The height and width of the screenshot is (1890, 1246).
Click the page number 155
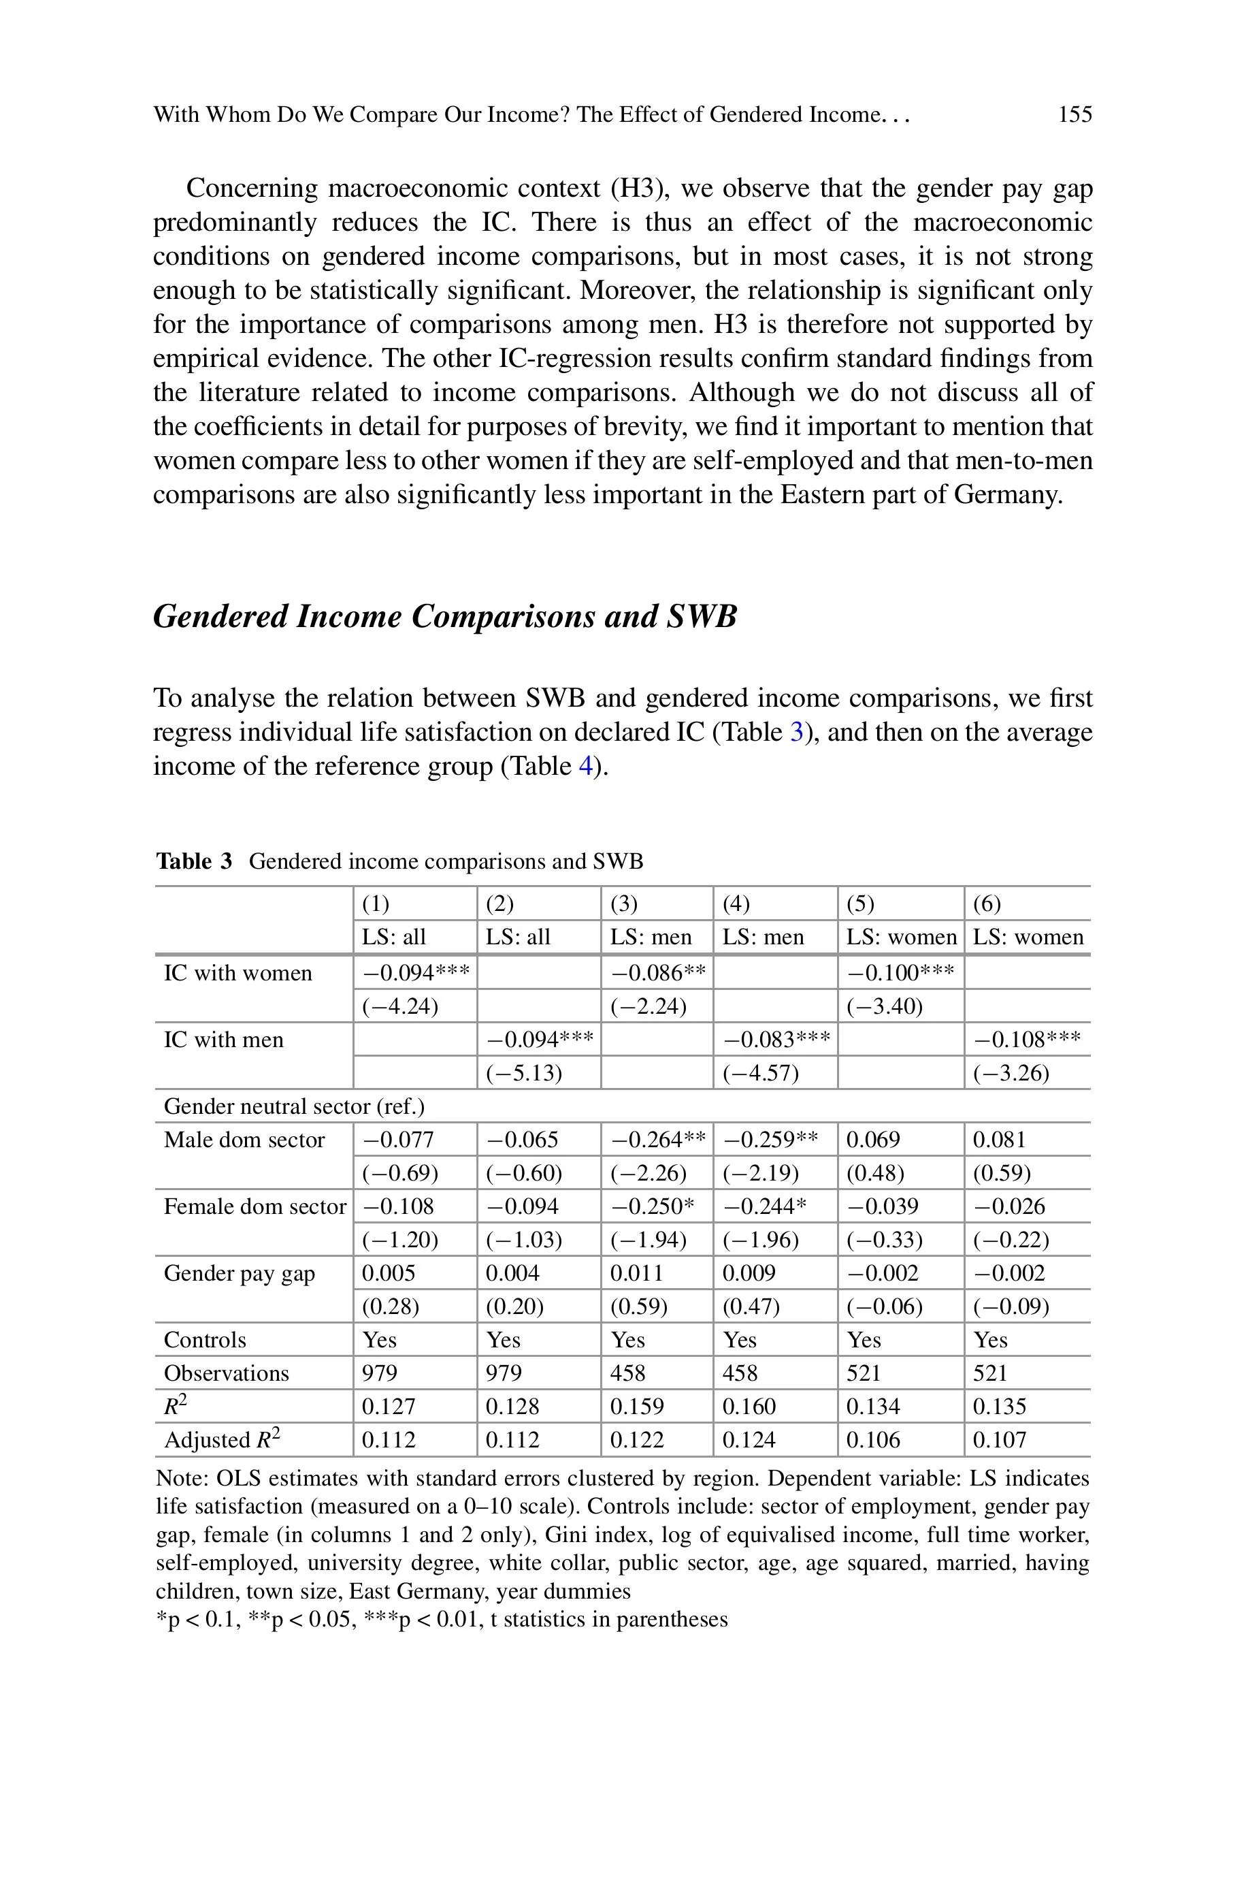point(1075,114)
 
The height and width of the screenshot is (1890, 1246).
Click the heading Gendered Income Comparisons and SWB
point(445,617)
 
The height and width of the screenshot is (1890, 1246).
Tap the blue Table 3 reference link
point(797,731)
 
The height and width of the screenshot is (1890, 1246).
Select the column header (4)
point(736,903)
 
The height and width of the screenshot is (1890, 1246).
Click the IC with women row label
point(237,973)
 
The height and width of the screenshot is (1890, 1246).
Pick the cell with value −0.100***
point(900,973)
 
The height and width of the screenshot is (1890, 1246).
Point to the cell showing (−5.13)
point(524,1073)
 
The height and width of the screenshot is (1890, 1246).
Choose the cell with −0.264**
point(657,1140)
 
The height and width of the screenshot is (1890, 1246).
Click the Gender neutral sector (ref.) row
point(294,1106)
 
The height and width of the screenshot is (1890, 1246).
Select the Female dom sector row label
point(255,1206)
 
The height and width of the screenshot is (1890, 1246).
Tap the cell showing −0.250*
point(652,1206)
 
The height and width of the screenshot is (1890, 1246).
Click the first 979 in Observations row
point(380,1373)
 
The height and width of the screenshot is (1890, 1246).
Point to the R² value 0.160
point(749,1407)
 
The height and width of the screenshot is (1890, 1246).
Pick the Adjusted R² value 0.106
point(872,1440)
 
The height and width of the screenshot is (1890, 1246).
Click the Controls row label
point(205,1340)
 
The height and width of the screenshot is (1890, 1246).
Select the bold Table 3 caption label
point(194,861)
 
